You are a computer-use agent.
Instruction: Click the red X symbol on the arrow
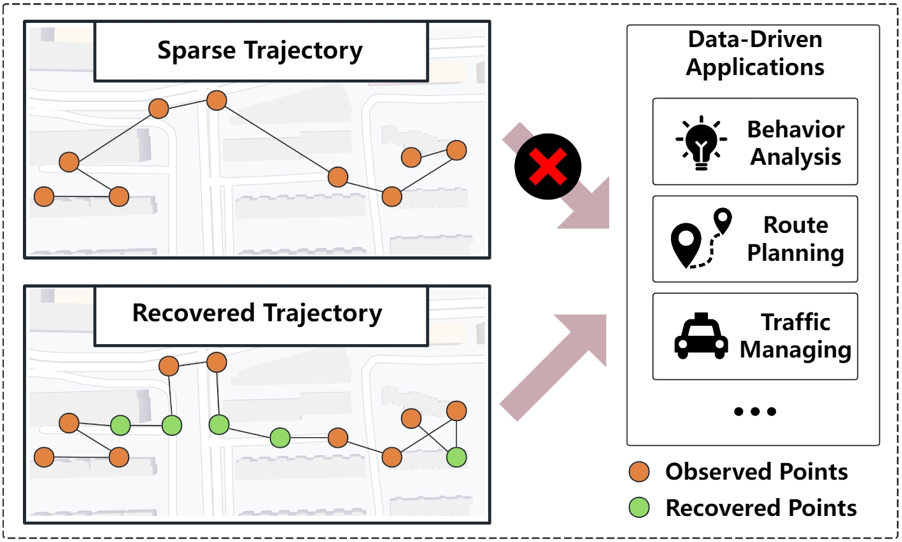click(548, 167)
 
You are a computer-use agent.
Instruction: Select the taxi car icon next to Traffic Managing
click(701, 336)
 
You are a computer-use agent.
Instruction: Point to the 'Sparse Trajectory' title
click(260, 50)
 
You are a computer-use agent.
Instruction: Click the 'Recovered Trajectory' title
click(257, 313)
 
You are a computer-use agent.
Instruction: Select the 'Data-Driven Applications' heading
click(755, 53)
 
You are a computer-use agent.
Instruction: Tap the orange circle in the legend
click(639, 471)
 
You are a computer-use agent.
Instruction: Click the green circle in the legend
click(639, 508)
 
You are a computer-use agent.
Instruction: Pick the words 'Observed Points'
click(756, 471)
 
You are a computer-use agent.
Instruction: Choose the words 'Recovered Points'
click(761, 508)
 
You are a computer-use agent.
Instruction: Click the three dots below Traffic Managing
click(755, 412)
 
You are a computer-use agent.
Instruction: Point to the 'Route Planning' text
click(795, 239)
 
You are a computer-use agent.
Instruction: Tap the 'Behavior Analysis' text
click(795, 142)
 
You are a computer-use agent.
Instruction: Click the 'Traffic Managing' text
click(795, 336)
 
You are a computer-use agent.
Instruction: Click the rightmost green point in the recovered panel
click(456, 456)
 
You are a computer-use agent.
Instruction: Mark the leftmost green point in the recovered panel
click(120, 424)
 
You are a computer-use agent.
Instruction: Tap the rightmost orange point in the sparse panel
click(456, 150)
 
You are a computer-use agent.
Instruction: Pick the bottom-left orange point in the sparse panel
click(44, 197)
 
